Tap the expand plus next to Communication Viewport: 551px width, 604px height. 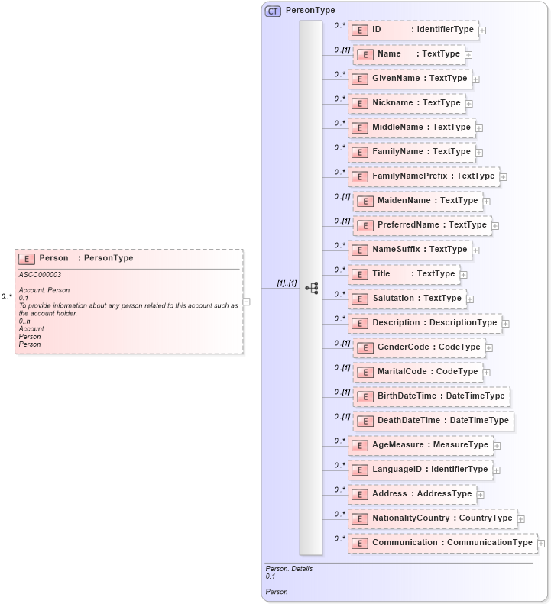[x=541, y=544]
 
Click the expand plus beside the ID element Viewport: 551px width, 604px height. [x=482, y=31]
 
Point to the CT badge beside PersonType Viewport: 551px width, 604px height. [x=273, y=11]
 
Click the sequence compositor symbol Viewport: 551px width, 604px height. [x=311, y=288]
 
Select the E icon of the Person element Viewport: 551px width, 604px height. [x=27, y=259]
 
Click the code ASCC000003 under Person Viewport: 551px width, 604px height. [x=41, y=274]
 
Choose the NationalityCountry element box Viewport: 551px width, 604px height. [x=433, y=518]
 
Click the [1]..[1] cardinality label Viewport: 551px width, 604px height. [x=287, y=283]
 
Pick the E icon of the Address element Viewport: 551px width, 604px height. [x=360, y=494]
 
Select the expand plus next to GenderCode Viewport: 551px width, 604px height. [x=489, y=348]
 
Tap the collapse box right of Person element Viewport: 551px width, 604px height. [x=246, y=301]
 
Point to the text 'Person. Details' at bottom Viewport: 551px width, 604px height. [x=289, y=569]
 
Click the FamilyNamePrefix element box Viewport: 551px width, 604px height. [x=424, y=176]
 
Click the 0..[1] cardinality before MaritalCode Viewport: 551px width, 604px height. [x=342, y=368]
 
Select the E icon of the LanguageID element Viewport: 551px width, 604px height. [x=360, y=470]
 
